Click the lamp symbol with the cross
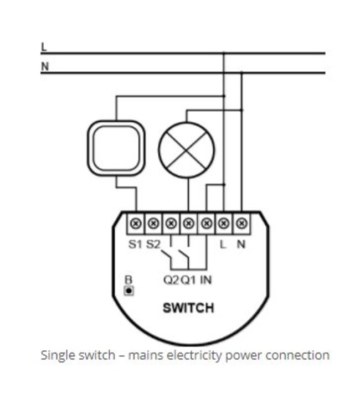tap(186, 150)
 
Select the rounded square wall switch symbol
tap(116, 148)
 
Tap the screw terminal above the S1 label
tap(135, 224)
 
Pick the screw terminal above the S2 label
tap(153, 224)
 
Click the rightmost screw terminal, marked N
tap(241, 224)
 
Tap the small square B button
tap(129, 290)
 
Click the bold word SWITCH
tap(188, 308)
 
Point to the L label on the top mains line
tap(44, 47)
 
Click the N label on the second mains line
tap(44, 66)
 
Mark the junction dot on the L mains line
tap(223, 54)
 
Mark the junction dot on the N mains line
tap(241, 73)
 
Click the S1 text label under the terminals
tap(135, 244)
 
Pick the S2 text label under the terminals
tap(153, 244)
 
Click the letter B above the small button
tap(129, 280)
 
